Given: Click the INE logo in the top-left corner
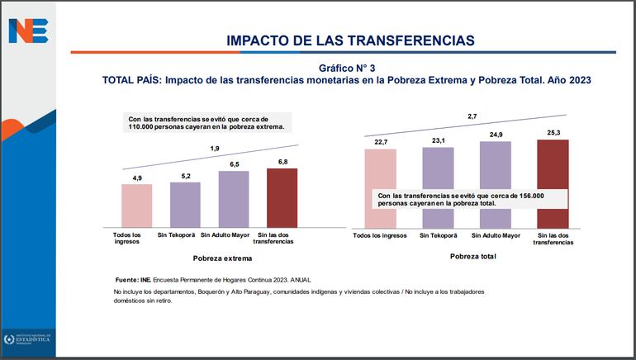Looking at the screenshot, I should [x=28, y=31].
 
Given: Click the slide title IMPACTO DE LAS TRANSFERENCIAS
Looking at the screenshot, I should [x=350, y=40].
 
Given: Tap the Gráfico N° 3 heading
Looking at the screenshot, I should [x=351, y=67].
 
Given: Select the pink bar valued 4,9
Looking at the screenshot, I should [x=137, y=205].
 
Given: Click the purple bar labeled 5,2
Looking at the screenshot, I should [x=185, y=204].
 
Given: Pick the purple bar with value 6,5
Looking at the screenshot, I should [x=234, y=198].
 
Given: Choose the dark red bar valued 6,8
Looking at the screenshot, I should [x=282, y=197].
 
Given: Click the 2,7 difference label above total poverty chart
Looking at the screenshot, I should [x=472, y=116].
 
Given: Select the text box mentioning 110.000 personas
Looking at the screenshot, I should [x=206, y=123].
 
